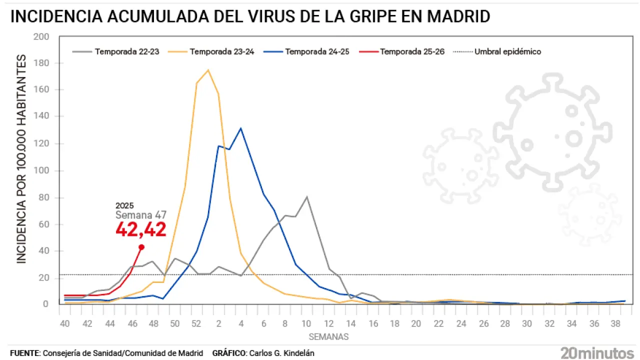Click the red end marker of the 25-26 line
(x=141, y=247)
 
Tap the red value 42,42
(x=140, y=229)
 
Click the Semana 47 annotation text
(x=140, y=215)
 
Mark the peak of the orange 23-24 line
(x=207, y=70)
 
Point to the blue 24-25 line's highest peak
(x=241, y=128)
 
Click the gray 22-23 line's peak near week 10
(x=306, y=196)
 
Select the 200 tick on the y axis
(x=41, y=37)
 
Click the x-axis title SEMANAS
(x=328, y=337)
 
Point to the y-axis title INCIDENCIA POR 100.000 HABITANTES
(x=21, y=159)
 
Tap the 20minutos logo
(x=596, y=352)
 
